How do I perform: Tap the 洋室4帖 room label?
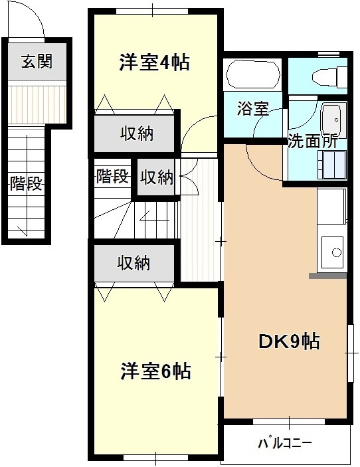[155, 62]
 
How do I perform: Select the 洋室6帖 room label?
[156, 371]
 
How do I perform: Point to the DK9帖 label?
[289, 341]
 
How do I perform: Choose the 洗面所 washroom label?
[312, 141]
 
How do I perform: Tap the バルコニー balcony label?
[285, 442]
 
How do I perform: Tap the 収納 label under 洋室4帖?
[137, 134]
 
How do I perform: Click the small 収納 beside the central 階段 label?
[157, 177]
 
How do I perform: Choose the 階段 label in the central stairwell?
[112, 177]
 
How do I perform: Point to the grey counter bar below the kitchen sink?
[327, 275]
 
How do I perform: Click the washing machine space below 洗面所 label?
[331, 164]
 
